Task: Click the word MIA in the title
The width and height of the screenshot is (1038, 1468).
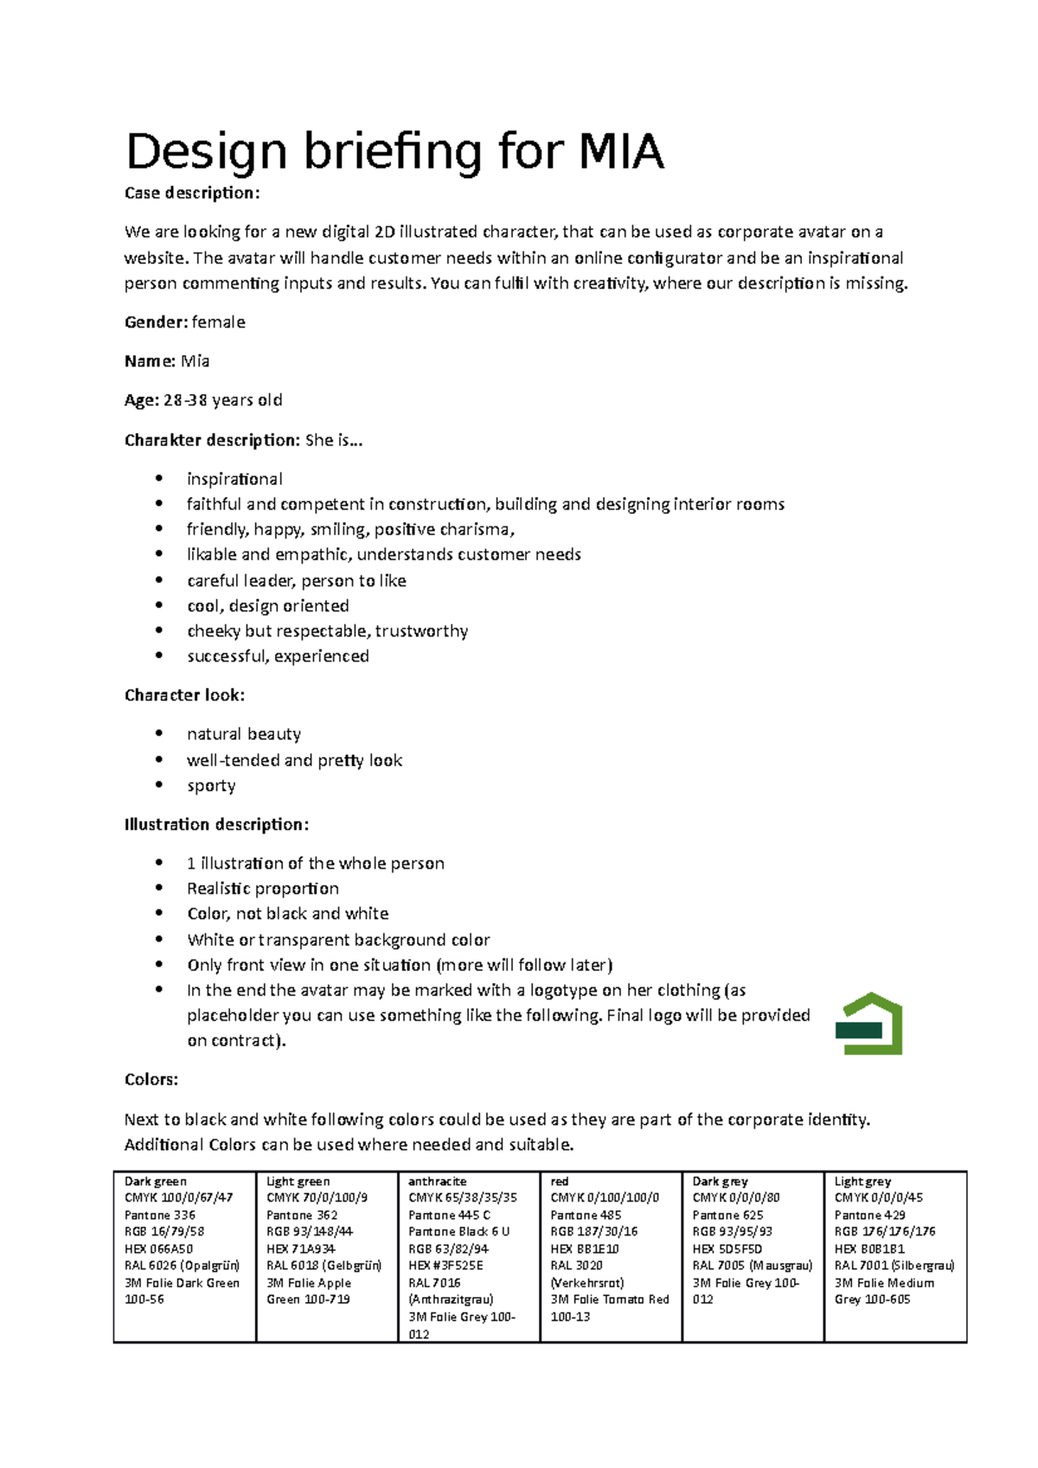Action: [x=620, y=152]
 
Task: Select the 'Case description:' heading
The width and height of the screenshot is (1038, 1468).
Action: [x=191, y=193]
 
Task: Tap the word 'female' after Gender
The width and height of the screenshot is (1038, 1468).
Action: [x=218, y=322]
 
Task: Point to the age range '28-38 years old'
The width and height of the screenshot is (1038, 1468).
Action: [x=222, y=400]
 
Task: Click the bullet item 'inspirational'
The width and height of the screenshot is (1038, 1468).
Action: [x=234, y=479]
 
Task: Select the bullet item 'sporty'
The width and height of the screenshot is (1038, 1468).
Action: [x=211, y=786]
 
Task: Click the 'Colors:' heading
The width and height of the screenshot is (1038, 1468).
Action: [x=151, y=1080]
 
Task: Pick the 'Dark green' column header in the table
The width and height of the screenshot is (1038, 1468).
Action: [x=156, y=1182]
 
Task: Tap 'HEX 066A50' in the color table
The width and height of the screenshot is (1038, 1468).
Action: [x=158, y=1249]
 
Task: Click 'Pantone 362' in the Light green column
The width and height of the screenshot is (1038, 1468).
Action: [x=302, y=1216]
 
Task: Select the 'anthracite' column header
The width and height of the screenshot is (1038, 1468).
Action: [x=437, y=1182]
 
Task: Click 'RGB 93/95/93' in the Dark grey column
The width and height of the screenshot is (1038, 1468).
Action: [x=732, y=1232]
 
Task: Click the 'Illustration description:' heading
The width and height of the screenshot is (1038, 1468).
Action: [x=216, y=825]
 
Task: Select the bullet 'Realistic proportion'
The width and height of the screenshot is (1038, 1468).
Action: [x=263, y=889]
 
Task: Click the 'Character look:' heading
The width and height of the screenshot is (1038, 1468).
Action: [x=184, y=695]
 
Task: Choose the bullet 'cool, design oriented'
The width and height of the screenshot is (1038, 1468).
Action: [x=268, y=606]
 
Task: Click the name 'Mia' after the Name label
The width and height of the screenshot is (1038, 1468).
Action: [x=195, y=361]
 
